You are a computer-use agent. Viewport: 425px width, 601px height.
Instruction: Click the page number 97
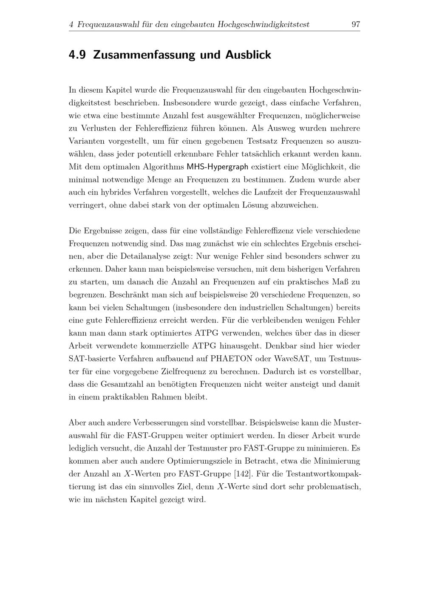click(356, 25)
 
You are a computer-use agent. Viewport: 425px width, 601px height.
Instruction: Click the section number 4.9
click(77, 55)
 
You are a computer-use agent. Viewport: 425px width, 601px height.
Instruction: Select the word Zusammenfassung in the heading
click(144, 55)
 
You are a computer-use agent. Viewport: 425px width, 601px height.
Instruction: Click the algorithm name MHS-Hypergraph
click(218, 167)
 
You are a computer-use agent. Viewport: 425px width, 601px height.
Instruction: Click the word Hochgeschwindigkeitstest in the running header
click(263, 25)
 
